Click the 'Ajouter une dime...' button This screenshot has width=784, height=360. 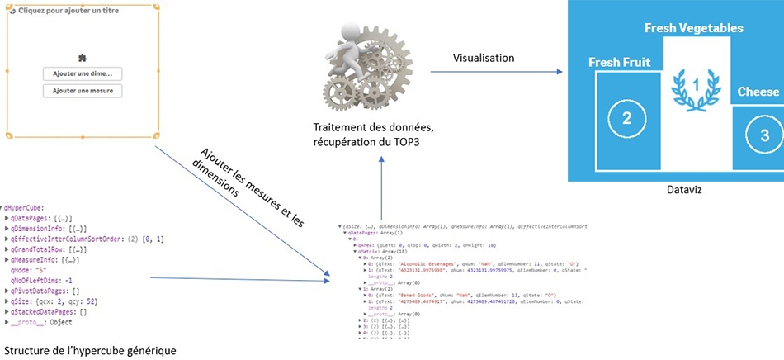83,73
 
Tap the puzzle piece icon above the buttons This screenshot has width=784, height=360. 82,57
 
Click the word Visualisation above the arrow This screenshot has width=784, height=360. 484,58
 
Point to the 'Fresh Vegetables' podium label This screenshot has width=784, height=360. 693,28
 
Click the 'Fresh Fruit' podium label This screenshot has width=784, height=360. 619,62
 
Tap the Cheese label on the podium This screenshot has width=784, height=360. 758,92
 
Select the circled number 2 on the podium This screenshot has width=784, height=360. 626,117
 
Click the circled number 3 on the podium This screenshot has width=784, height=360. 764,135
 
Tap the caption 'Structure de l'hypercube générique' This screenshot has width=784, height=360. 90,349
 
